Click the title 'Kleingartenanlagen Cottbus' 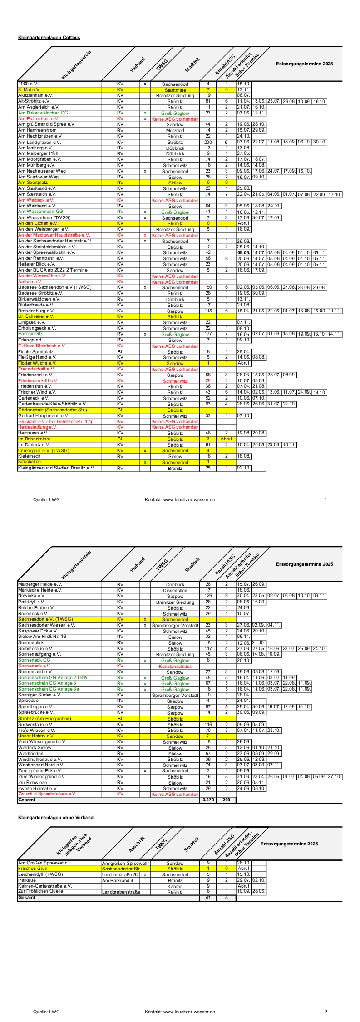tap(49, 38)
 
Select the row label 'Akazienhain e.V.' tap(35, 95)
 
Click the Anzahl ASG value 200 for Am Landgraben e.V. tap(208, 142)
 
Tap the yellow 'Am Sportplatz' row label tap(33, 183)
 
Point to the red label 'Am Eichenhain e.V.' tap(39, 118)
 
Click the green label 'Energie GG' tap(30, 334)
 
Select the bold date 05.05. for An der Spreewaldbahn tap(243, 252)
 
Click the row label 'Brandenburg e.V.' tap(36, 311)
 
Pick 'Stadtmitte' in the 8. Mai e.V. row tap(175, 90)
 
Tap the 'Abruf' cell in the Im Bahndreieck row tap(226, 439)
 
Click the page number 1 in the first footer tap(326, 499)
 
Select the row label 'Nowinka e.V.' tap(31, 596)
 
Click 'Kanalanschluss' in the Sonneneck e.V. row tap(175, 666)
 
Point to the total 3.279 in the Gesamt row tap(208, 800)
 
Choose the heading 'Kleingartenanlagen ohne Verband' tap(56, 817)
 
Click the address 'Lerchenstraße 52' tap(120, 874)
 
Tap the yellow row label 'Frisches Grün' tap(33, 869)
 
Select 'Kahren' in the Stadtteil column tap(175, 886)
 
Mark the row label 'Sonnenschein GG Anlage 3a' tap(48, 689)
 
